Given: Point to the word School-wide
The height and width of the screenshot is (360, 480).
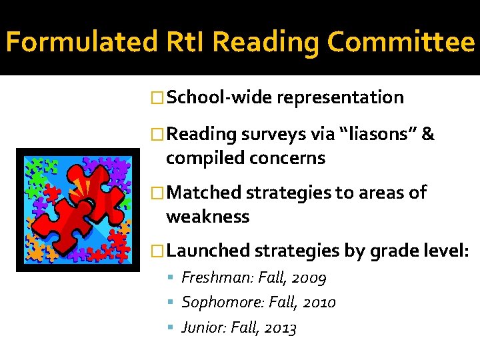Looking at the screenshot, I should tap(219, 97).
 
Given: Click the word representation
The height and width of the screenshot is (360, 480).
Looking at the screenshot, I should tap(340, 97).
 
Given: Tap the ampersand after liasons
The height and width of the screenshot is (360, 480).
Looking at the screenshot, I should tap(429, 134).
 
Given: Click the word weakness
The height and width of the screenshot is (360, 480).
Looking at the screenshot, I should tap(207, 217).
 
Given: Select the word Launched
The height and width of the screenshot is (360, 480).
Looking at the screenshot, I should tap(208, 251).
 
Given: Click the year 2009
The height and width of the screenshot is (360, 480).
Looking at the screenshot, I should tap(308, 278).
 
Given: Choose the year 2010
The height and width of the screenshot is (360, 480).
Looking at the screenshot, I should tap(318, 303).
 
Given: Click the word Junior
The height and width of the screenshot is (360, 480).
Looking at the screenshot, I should tap(203, 327).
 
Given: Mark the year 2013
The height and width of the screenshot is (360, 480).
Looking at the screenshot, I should tap(280, 327).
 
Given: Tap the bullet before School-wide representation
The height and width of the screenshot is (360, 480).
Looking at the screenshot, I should tap(158, 98).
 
